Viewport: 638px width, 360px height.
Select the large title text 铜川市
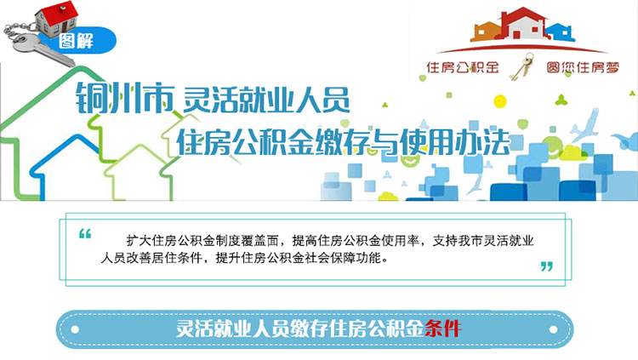pos(125,98)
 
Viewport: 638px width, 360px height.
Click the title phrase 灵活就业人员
pos(266,100)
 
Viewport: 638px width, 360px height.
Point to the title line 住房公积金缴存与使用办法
pos(344,142)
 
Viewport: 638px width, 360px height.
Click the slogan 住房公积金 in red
pos(463,67)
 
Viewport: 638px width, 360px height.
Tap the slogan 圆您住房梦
pos(583,67)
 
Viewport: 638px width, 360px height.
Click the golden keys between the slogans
pos(522,66)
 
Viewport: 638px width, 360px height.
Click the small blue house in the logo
pos(561,31)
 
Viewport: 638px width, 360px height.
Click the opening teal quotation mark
pos(85,233)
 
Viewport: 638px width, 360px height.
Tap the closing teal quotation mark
pos(547,266)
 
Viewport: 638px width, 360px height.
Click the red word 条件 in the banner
pos(442,329)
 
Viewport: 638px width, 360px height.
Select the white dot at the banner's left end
pos(75,329)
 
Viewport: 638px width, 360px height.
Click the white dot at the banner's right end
pos(554,329)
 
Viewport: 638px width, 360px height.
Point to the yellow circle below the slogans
pos(499,101)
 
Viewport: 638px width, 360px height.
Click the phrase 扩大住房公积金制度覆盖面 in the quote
pos(202,241)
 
